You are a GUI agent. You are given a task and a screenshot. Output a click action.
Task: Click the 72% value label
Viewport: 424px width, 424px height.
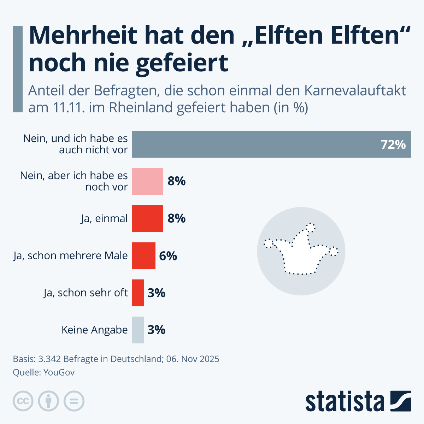point(393,145)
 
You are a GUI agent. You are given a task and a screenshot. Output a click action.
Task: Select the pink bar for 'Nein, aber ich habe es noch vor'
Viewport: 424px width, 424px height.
point(148,181)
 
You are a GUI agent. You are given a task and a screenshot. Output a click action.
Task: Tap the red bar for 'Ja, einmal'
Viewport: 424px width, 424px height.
point(148,218)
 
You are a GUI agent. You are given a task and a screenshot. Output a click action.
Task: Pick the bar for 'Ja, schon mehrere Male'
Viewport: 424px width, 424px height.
point(144,255)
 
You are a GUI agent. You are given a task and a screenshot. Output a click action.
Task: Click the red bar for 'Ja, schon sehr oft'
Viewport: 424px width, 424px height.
point(138,293)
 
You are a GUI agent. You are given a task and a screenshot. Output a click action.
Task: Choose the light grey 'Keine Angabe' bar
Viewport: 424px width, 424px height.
point(138,330)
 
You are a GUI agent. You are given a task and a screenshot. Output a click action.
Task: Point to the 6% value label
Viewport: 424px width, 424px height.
point(168,255)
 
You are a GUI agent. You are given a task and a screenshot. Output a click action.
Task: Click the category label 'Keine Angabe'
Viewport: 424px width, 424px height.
point(94,330)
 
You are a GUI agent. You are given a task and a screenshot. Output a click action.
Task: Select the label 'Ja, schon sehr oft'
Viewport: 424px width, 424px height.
point(86,293)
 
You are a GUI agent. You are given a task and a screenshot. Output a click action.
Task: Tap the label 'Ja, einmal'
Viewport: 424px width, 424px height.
point(104,218)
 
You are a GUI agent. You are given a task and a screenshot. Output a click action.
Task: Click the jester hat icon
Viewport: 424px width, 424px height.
point(301,251)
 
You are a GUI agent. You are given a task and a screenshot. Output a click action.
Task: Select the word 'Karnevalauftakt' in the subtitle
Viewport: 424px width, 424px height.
point(355,91)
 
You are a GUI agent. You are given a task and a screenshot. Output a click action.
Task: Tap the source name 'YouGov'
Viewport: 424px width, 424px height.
point(59,372)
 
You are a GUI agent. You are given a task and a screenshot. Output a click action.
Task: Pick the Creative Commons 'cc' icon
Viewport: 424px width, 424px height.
point(23,401)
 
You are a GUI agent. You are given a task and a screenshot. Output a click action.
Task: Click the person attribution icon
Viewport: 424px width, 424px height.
point(48,401)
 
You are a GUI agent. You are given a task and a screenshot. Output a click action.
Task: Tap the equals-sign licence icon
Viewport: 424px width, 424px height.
point(74,401)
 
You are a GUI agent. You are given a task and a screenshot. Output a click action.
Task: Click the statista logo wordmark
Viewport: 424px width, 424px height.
point(344,402)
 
